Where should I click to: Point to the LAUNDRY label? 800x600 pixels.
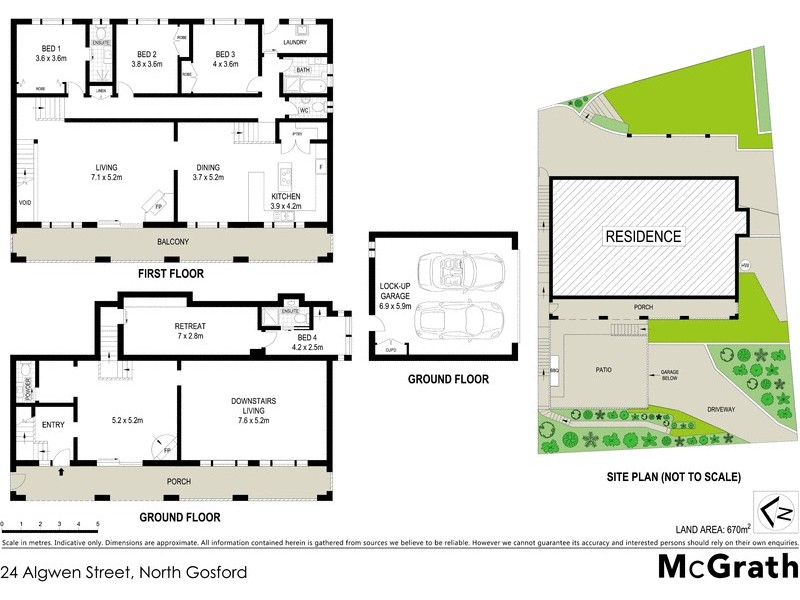pyautogui.click(x=295, y=42)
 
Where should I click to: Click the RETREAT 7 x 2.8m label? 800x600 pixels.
pyautogui.click(x=189, y=329)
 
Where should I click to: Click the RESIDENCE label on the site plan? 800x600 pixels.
pyautogui.click(x=642, y=237)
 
